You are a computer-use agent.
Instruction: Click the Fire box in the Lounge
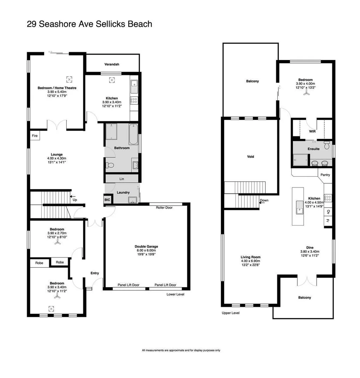[35, 135]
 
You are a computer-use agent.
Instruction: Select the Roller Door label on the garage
[164, 207]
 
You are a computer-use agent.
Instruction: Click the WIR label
[312, 132]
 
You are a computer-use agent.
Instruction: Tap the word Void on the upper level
[250, 156]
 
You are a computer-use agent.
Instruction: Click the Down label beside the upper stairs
[264, 201]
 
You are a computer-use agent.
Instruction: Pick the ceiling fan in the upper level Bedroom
[307, 93]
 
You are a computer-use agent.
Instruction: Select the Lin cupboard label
[122, 179]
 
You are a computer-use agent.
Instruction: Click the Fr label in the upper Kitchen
[327, 220]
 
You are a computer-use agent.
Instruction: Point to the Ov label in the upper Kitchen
[327, 211]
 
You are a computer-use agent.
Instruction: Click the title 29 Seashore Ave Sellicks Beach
[89, 24]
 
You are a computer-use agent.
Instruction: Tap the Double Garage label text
[145, 246]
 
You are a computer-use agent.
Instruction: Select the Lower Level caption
[175, 294]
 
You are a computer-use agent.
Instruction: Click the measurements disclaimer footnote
[181, 350]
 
